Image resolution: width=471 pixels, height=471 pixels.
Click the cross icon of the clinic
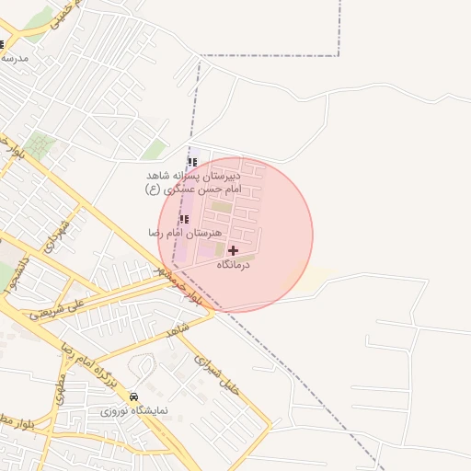[233, 250]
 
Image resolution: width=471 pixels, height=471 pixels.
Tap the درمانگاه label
[233, 265]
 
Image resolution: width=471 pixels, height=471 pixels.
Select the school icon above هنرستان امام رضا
[184, 219]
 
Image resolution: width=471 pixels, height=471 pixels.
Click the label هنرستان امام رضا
[170, 234]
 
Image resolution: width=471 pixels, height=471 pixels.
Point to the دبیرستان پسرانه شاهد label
[193, 175]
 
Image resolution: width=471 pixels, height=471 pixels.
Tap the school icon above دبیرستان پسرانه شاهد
[191, 162]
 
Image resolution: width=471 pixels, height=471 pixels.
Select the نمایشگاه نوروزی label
[134, 411]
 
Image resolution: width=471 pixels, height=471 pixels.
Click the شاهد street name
[178, 328]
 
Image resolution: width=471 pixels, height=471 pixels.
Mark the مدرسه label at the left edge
[15, 57]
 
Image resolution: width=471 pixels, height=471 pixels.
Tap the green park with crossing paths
[40, 144]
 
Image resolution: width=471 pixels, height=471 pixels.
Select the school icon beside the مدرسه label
[3, 44]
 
